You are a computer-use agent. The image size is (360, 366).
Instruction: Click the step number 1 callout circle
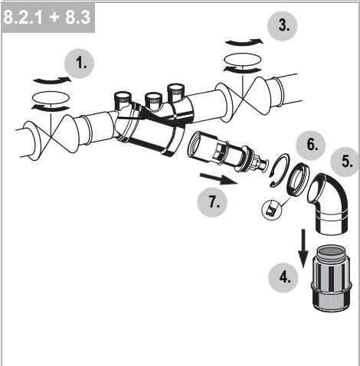point(80,64)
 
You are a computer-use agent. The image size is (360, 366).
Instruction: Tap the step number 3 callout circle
point(283,26)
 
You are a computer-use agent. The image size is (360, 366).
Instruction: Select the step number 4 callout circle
point(283,278)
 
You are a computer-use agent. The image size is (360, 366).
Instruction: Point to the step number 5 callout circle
point(345,162)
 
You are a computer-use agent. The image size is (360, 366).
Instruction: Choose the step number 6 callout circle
point(311,145)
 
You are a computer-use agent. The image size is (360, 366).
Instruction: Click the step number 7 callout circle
point(212,202)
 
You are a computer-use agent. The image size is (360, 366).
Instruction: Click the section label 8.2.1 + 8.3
point(48,18)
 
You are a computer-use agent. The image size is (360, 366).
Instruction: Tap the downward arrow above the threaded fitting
point(303,248)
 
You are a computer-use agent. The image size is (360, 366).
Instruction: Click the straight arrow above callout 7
point(219,178)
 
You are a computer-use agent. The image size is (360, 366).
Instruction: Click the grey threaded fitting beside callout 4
point(331,279)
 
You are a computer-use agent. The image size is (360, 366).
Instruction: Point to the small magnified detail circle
point(271,210)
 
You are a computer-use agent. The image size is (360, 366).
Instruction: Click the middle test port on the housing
point(153,100)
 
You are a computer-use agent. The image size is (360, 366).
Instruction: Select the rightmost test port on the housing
point(175,93)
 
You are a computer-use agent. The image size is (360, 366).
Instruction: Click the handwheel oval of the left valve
point(51,97)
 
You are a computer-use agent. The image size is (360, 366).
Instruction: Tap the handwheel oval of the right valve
point(242,60)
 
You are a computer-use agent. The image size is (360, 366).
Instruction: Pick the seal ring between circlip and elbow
point(298,179)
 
